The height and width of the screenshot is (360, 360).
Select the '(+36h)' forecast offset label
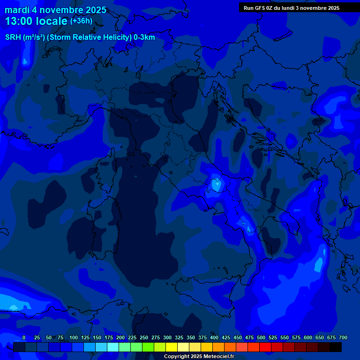81,21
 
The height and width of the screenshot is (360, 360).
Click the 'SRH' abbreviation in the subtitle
13,37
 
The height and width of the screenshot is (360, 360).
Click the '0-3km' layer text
144,37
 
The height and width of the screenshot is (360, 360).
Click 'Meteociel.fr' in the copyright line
215,357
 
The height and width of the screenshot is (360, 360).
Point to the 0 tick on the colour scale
24,337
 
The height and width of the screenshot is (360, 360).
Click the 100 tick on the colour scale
74,337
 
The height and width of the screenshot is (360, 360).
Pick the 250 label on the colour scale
144,337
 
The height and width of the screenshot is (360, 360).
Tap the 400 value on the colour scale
214,337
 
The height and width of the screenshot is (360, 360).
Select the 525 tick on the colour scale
273,337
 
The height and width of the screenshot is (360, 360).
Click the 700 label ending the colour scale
343,337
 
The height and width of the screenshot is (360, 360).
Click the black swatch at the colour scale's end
336,347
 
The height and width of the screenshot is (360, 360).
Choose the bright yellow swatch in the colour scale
172,347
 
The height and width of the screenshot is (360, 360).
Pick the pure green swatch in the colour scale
136,347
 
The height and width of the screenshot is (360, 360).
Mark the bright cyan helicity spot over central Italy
216,184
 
